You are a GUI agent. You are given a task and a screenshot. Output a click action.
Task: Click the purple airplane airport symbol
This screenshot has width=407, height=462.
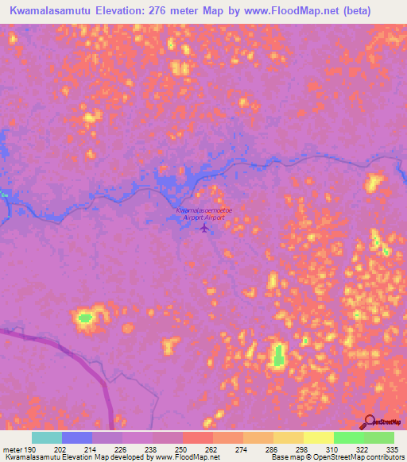[x=205, y=229]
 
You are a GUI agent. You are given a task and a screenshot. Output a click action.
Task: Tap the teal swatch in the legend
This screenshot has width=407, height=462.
[x=47, y=437]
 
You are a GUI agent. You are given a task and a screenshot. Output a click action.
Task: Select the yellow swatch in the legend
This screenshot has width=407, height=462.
[x=319, y=437]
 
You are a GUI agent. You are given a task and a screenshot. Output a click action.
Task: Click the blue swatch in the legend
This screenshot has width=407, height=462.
[x=77, y=437]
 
